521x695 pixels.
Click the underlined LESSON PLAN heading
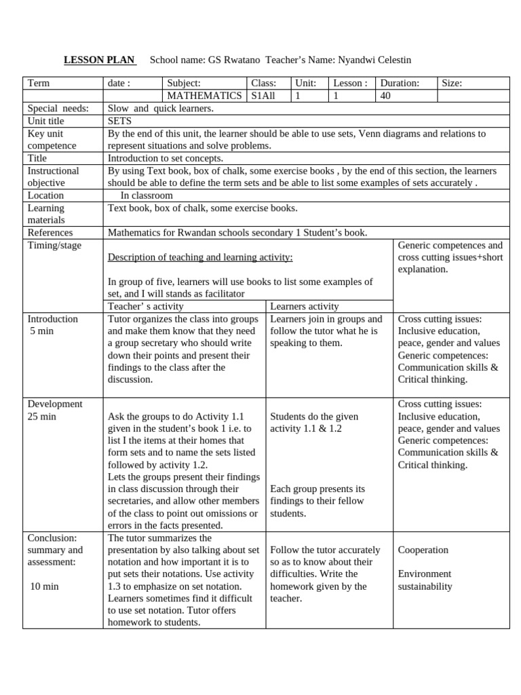[100, 60]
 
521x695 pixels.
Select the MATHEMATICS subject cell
[204, 96]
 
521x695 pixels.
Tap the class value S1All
[263, 96]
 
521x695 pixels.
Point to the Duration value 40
[385, 96]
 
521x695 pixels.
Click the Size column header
[451, 83]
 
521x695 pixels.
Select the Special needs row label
[54, 108]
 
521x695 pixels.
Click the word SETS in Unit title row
[120, 120]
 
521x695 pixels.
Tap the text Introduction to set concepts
[165, 157]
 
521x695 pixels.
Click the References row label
[50, 232]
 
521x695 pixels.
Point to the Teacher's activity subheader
[146, 306]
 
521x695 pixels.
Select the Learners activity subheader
[305, 306]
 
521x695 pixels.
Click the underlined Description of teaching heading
[200, 257]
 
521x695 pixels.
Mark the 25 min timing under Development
[42, 416]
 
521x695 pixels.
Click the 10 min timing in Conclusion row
[45, 586]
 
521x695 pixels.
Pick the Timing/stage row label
[54, 245]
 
